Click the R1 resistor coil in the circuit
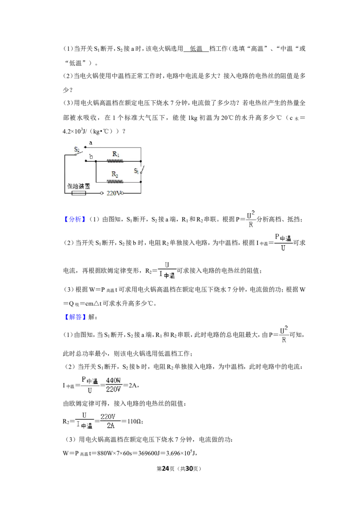(115, 161)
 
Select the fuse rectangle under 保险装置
(79, 193)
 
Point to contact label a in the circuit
(90, 143)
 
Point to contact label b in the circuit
(91, 156)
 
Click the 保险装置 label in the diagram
(78, 186)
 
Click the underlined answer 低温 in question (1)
(196, 49)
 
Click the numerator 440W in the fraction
(113, 380)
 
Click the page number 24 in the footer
(166, 469)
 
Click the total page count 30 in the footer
(189, 469)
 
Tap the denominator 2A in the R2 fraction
(111, 425)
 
